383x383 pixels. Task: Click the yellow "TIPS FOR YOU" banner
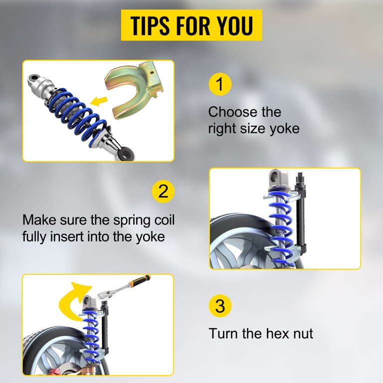pyautogui.click(x=191, y=25)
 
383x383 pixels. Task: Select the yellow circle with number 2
pyautogui.click(x=163, y=191)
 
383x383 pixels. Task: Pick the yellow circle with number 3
pyautogui.click(x=220, y=306)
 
